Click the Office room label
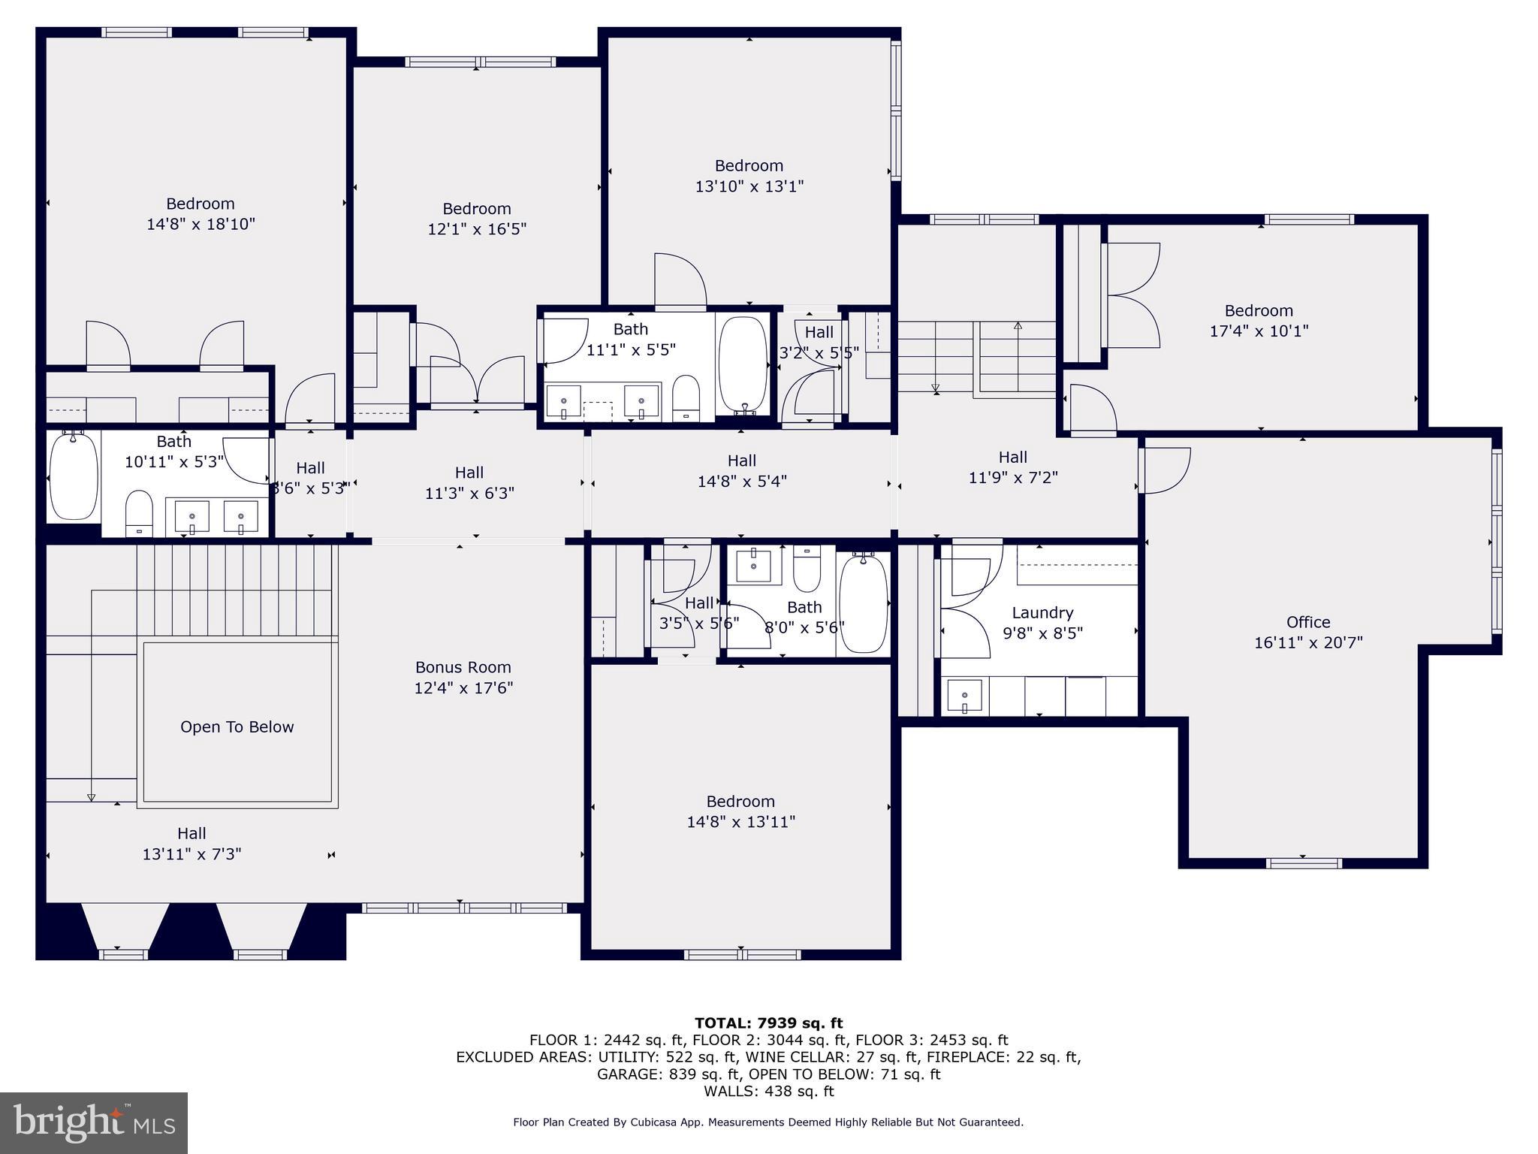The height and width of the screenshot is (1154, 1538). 1307,622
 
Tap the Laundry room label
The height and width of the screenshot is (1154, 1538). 1042,612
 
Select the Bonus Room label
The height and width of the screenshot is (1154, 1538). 463,667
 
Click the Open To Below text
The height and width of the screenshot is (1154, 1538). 237,727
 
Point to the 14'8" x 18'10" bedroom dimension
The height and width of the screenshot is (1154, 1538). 201,224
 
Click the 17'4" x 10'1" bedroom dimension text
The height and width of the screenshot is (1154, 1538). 1259,331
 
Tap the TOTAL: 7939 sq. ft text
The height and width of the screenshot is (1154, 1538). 768,1023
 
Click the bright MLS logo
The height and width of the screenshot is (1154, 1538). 94,1122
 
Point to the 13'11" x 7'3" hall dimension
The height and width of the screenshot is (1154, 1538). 191,854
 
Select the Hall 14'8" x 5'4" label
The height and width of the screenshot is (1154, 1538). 741,471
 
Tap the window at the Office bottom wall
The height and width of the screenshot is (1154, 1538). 1303,863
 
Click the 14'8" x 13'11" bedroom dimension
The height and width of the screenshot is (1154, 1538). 740,822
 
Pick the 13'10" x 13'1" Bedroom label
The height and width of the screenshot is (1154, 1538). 748,165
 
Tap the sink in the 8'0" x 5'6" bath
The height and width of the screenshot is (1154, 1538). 753,565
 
